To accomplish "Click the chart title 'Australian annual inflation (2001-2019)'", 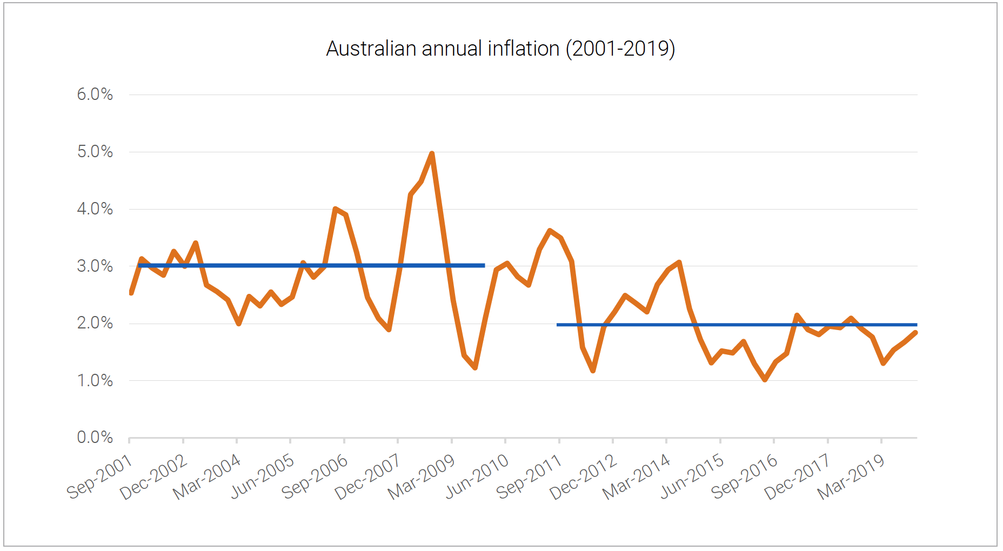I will point(500,49).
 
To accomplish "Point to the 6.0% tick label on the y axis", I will point(95,95).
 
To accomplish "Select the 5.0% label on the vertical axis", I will point(95,152).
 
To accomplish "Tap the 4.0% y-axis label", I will point(95,209).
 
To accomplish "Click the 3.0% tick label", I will point(95,266).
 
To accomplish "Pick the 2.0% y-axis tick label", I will point(95,323).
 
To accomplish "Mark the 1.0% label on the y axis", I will point(95,381).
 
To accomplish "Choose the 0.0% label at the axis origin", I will point(95,438).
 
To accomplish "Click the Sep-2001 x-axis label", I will point(100,476).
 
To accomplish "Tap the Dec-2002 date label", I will point(154,476).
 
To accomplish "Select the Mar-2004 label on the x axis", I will point(208,476).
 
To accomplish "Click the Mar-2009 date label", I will point(422,476).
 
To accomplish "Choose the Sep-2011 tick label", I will point(530,476).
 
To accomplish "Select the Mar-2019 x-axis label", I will point(851,476).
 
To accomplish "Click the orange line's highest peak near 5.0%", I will point(432,154).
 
